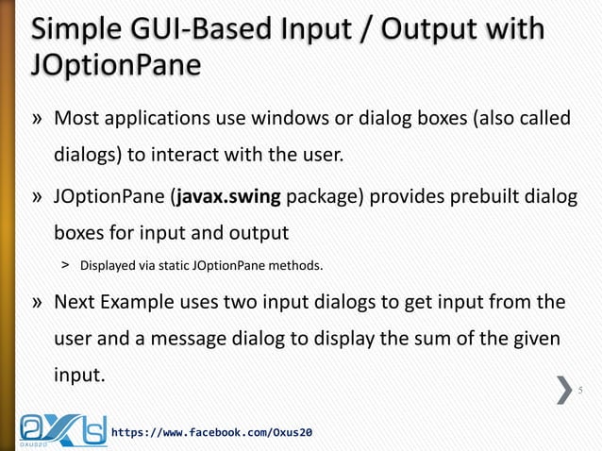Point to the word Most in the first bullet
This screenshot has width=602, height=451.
76,120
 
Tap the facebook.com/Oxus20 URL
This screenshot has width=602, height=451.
212,431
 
